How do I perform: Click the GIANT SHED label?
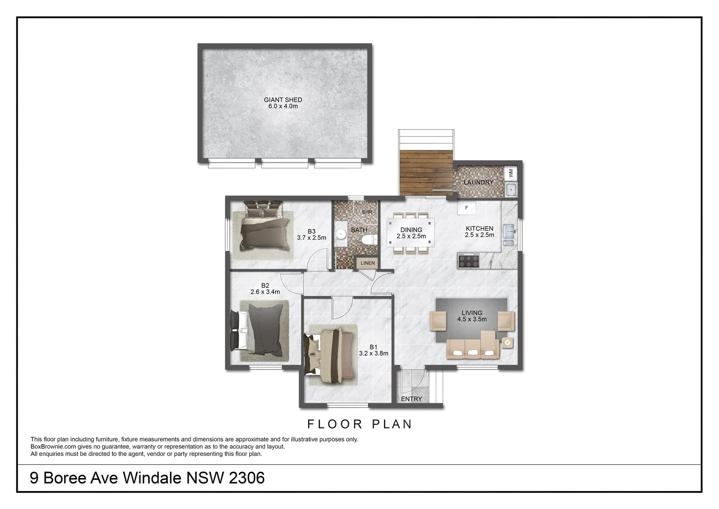(x=283, y=100)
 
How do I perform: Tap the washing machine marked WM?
(x=511, y=173)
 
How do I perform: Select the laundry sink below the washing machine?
(x=511, y=190)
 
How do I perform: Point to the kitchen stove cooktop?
(x=468, y=261)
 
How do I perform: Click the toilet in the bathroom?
(x=370, y=239)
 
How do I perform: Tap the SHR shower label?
(x=367, y=212)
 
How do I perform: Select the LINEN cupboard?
(x=367, y=263)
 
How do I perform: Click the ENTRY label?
(x=411, y=399)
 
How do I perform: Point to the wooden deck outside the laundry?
(x=425, y=172)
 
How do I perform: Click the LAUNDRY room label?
(x=479, y=182)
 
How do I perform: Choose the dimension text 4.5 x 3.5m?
(x=471, y=320)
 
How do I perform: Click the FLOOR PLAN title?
(x=360, y=424)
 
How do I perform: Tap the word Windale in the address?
(x=152, y=478)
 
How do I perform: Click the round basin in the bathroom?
(x=341, y=234)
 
